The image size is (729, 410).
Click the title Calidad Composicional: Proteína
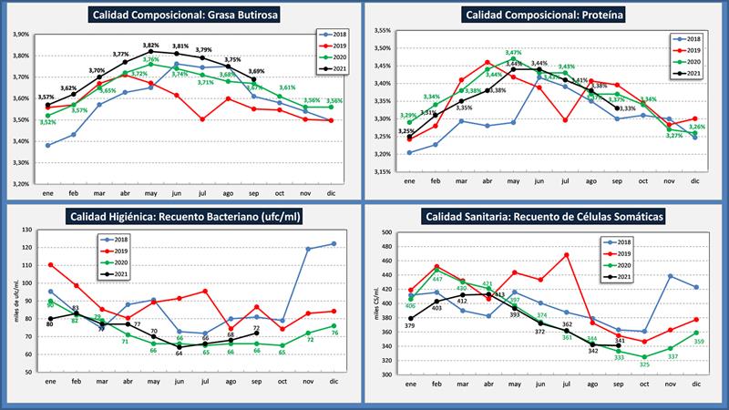click(x=538, y=15)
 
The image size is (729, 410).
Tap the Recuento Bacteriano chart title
click(x=190, y=216)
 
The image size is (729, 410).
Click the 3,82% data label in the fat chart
click(x=151, y=44)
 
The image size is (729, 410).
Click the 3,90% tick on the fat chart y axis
click(x=21, y=35)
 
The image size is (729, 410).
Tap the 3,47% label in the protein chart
click(x=513, y=53)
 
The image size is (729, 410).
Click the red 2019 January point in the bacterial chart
click(x=49, y=265)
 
